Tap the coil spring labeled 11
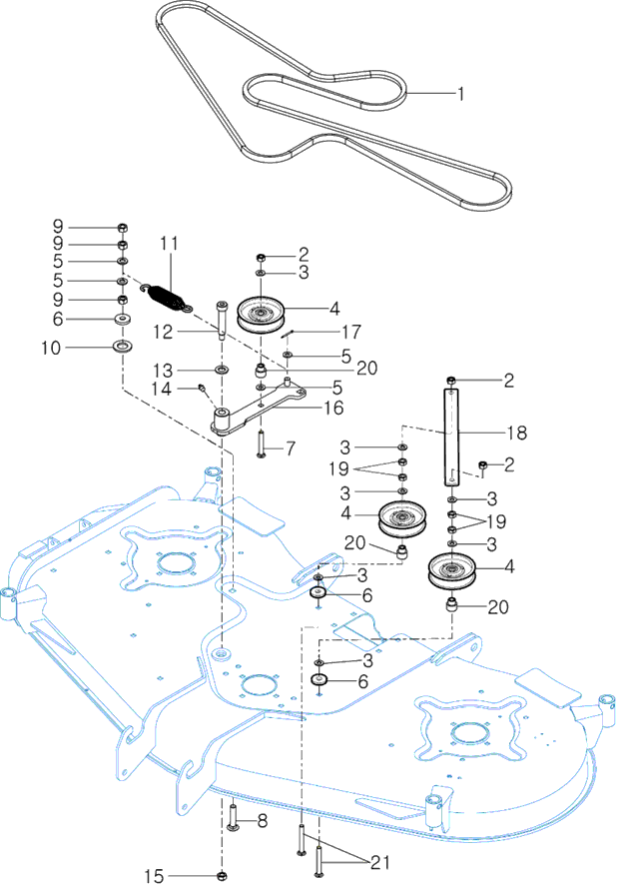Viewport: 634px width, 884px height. (x=166, y=295)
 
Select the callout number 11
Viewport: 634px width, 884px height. (x=169, y=244)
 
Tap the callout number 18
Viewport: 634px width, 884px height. (x=517, y=433)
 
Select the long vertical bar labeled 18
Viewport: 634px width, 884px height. (x=454, y=430)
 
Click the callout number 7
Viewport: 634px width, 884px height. (x=290, y=447)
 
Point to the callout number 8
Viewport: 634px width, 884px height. (x=263, y=821)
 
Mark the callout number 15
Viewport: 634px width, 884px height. (x=153, y=876)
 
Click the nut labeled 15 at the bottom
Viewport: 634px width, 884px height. (x=221, y=875)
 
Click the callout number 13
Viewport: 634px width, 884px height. (x=169, y=371)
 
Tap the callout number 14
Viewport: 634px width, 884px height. (x=169, y=388)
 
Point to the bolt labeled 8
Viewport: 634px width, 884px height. (x=233, y=820)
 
